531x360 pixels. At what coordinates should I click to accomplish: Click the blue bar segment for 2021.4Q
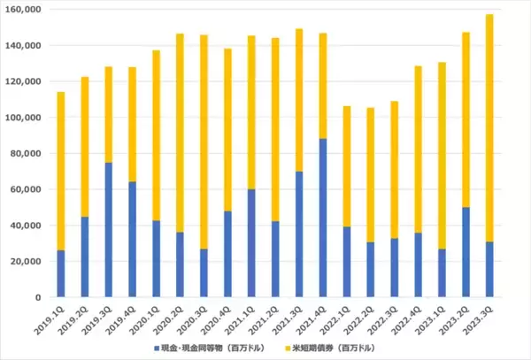323,218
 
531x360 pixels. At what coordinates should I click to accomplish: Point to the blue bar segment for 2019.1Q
60,273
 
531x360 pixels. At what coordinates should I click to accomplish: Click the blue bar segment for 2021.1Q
251,243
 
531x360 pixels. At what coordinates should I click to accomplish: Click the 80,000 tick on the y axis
27,153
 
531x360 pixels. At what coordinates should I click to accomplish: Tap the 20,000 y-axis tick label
27,261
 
